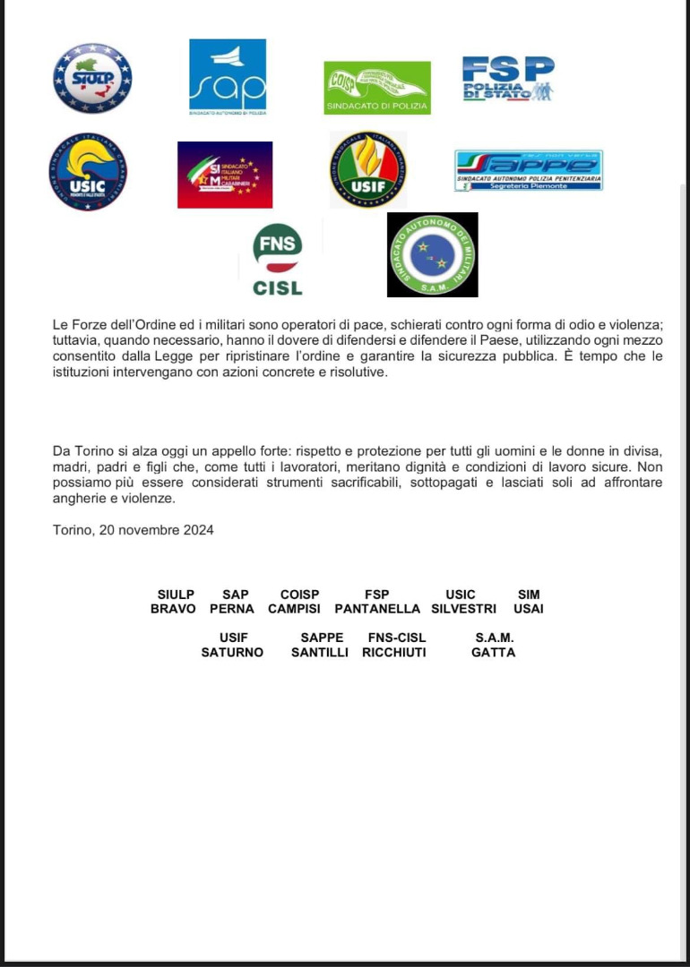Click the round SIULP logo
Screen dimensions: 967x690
coord(92,78)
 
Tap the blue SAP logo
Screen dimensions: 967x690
coord(228,77)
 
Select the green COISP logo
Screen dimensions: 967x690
coord(376,88)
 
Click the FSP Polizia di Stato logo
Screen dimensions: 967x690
coord(507,79)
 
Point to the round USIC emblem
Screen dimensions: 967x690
coord(88,172)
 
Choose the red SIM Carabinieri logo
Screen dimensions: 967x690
coord(225,175)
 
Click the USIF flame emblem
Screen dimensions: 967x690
coord(367,170)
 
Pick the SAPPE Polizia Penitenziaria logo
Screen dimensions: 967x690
coord(529,170)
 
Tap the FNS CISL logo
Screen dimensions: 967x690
coord(278,260)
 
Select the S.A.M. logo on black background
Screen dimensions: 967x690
coord(432,254)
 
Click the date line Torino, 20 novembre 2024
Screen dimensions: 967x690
coord(134,530)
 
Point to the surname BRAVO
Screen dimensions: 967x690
coord(173,609)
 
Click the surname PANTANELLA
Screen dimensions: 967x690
coord(377,609)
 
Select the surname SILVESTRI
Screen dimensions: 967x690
coord(463,609)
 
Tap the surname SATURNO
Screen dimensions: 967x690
coord(232,653)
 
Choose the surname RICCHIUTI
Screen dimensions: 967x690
coord(394,653)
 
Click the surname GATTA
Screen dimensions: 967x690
coord(494,653)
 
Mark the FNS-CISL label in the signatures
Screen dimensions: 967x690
coord(397,638)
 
